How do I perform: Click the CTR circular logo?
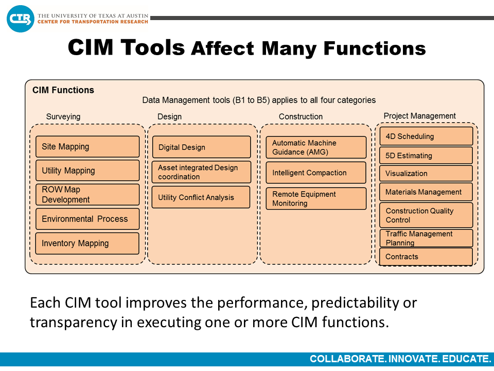(21, 19)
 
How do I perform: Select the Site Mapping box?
(87, 147)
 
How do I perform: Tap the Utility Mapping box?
(87, 171)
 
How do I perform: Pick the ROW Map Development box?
(87, 195)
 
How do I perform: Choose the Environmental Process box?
(87, 219)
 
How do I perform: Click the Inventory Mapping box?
(87, 244)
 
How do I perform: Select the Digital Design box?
(202, 147)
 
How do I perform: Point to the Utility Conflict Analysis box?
(201, 197)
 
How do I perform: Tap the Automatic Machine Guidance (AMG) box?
(316, 147)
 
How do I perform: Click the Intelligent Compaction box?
(316, 173)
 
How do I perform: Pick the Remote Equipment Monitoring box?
(316, 199)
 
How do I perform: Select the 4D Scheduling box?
(426, 136)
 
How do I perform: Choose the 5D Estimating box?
(426, 156)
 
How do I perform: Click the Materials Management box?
(426, 192)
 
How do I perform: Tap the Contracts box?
(426, 257)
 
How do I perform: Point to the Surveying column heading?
(63, 117)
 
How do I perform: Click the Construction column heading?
(301, 117)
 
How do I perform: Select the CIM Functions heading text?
(63, 90)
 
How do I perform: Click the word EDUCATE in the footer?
(467, 359)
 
